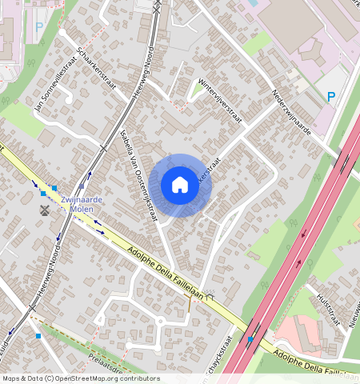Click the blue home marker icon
coord(180,186)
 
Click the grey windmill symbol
coord(44,210)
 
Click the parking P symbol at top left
coord(39,26)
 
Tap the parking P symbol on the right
coord(331,97)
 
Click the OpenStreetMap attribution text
coord(81,378)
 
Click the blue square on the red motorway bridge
coord(250,340)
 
